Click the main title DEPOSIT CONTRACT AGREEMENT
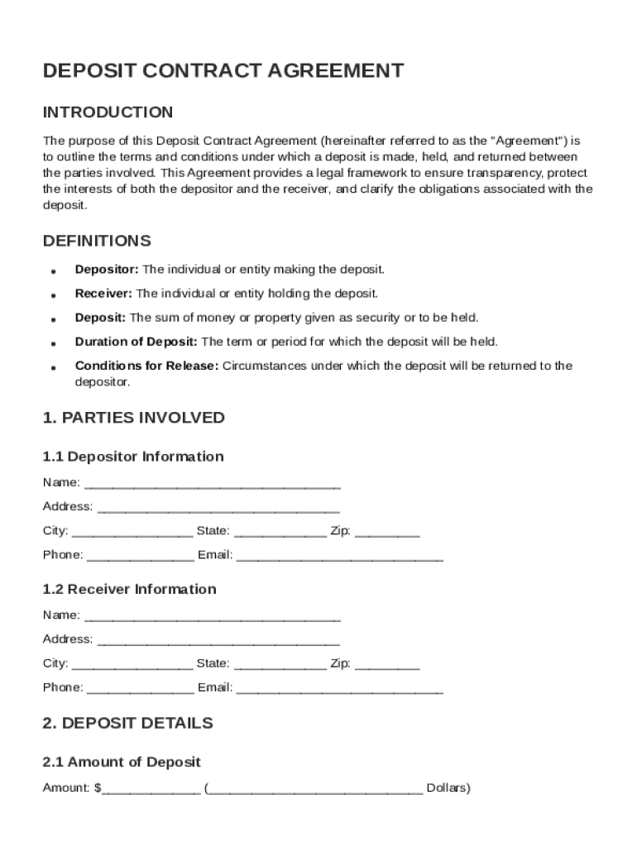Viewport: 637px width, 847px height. [223, 71]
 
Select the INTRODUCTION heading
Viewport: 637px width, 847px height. [108, 112]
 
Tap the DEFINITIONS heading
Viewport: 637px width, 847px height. [97, 242]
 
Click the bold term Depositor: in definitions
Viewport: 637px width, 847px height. [108, 270]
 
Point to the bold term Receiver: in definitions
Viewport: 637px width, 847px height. [103, 294]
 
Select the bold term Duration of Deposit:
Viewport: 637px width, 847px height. [136, 342]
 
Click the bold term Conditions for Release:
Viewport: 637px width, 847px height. [146, 366]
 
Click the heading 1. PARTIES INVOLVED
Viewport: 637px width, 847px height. [133, 418]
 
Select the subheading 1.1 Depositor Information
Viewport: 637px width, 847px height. [133, 457]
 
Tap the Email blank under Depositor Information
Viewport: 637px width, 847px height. [339, 556]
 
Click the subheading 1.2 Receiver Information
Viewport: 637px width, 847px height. [129, 589]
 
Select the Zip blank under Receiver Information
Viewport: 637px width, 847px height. [387, 664]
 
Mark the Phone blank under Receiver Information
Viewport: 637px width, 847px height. [140, 688]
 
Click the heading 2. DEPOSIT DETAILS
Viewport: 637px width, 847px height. [127, 723]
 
